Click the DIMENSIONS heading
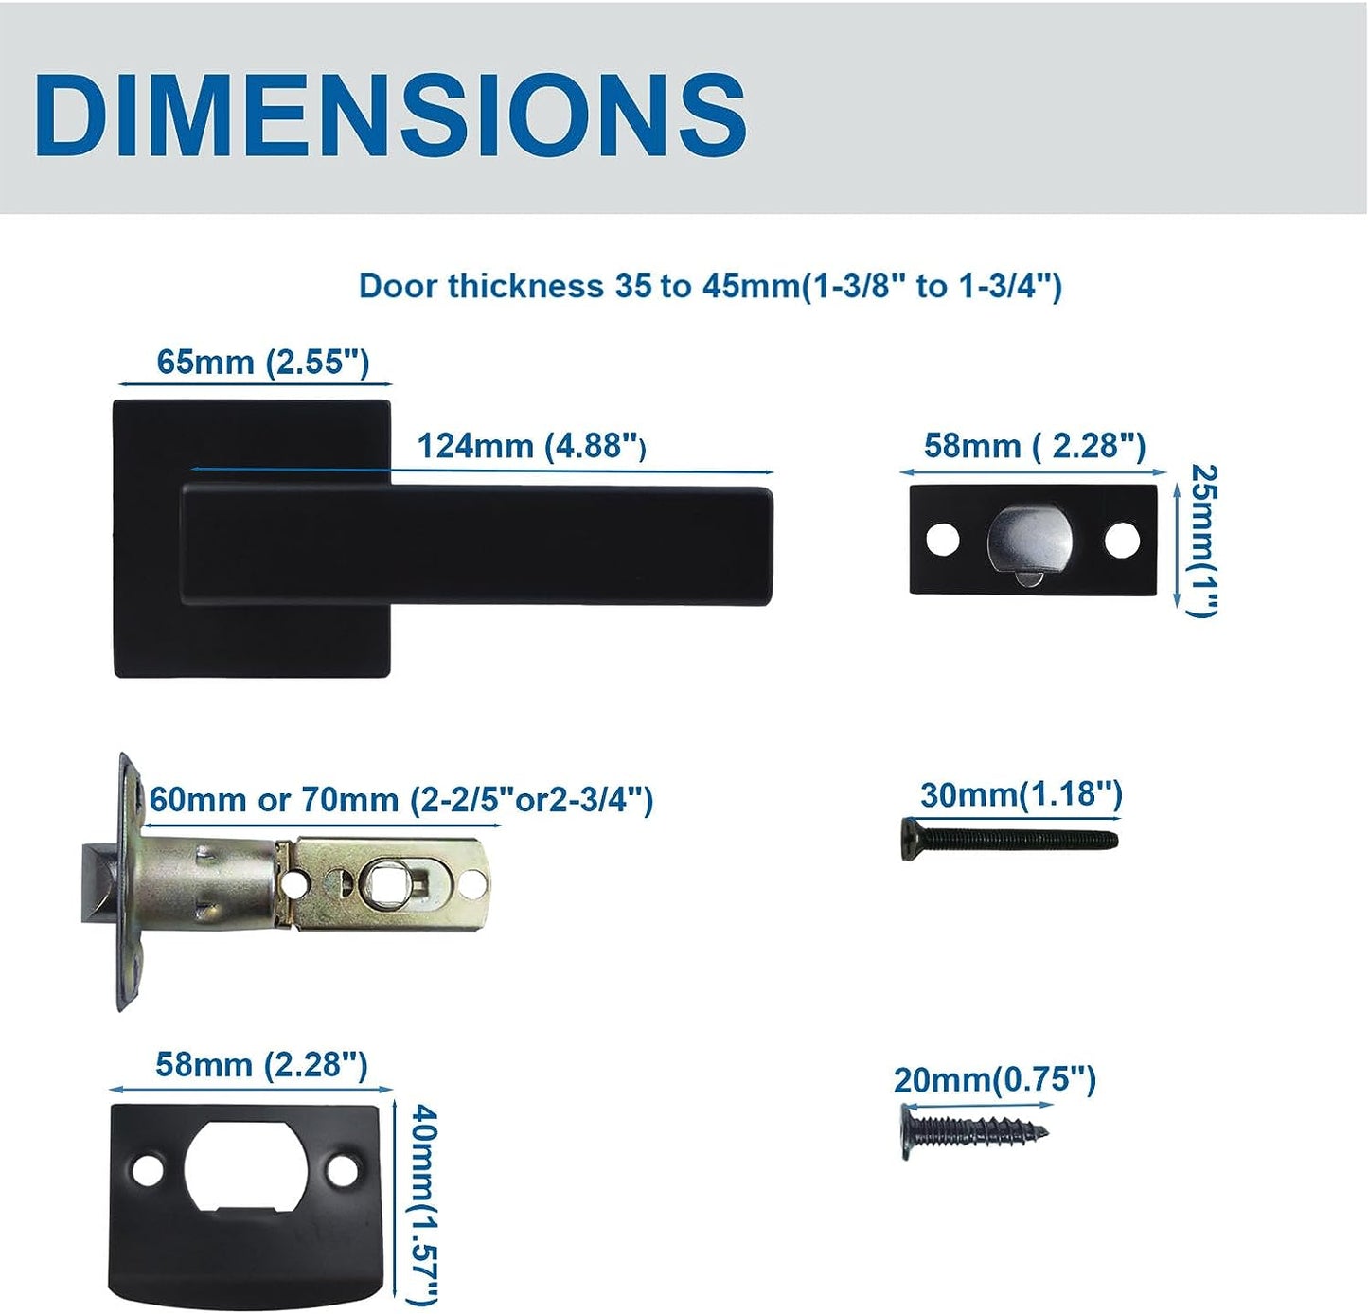click(391, 115)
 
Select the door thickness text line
click(710, 286)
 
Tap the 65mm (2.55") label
click(262, 363)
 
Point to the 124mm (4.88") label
click(531, 446)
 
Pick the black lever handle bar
click(476, 545)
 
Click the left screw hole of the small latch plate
click(943, 540)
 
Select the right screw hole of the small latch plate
click(1121, 540)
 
